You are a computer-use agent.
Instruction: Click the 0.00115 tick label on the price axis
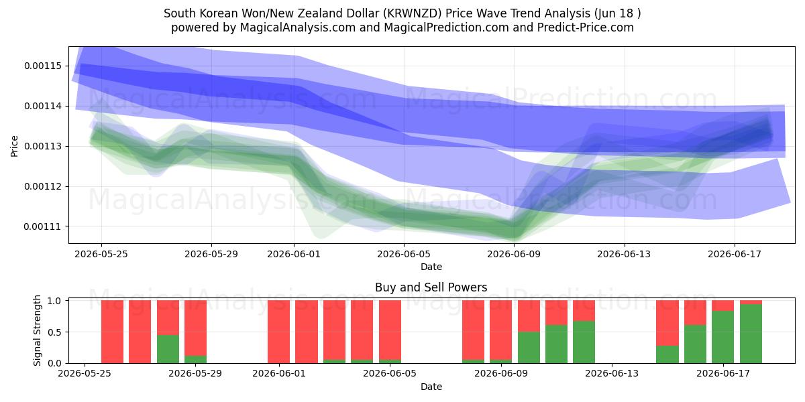43,66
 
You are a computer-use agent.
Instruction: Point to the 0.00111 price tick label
43,227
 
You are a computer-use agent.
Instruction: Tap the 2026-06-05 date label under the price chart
404,254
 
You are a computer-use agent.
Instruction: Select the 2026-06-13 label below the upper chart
624,254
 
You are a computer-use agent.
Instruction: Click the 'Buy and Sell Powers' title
431,287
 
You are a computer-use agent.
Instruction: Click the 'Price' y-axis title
14,146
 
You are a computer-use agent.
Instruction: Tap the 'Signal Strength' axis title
37,330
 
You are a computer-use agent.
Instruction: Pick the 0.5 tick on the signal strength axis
54,332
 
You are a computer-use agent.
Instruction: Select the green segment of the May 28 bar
168,349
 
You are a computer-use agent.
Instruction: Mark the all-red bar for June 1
278,332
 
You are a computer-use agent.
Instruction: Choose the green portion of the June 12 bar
584,342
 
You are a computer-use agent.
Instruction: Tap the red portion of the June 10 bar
529,316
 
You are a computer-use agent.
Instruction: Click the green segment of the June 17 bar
722,337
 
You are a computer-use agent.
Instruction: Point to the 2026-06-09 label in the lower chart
501,374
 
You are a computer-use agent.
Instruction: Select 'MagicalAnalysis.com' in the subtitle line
298,27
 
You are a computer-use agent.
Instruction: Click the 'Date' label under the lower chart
431,387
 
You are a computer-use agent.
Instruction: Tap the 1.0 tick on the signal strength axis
54,300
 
